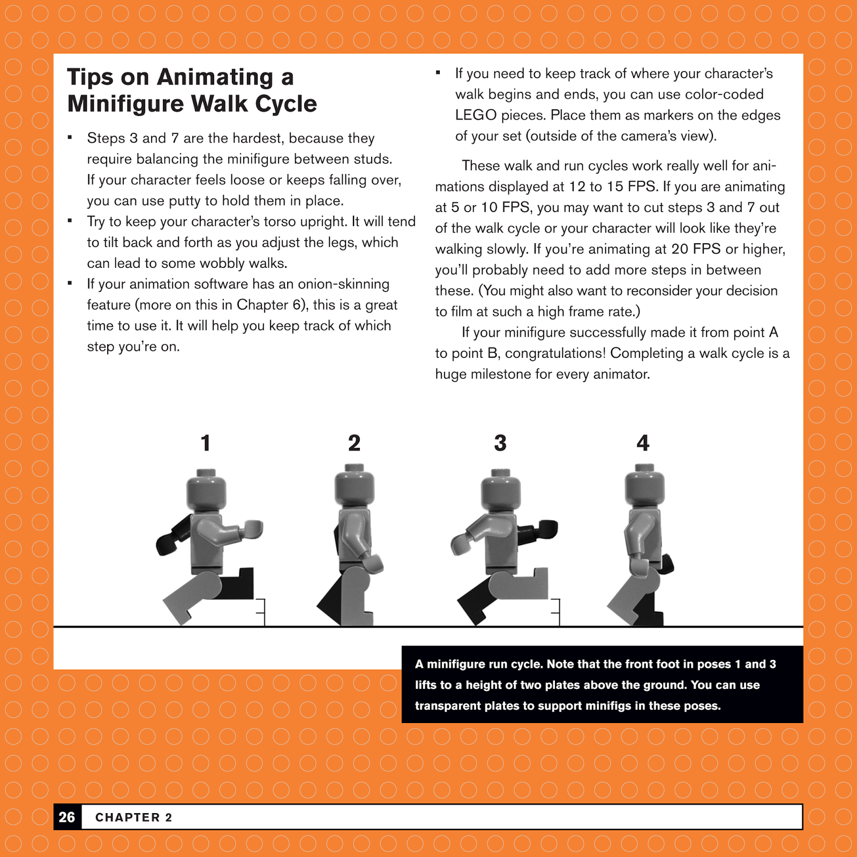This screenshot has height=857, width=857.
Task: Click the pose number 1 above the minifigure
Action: [x=205, y=443]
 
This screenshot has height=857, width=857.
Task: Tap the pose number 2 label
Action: [x=354, y=443]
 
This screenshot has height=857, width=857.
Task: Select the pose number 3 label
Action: [x=500, y=443]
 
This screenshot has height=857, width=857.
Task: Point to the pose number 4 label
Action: [x=643, y=443]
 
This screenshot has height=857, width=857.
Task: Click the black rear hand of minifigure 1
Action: [x=166, y=544]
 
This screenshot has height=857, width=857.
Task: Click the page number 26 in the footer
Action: [x=67, y=817]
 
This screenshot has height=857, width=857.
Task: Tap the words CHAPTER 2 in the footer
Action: [x=133, y=817]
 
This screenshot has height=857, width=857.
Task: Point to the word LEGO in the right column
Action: [x=476, y=115]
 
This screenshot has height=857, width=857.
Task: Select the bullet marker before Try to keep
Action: [x=70, y=220]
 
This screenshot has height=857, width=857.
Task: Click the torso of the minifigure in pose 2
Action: [x=354, y=536]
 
